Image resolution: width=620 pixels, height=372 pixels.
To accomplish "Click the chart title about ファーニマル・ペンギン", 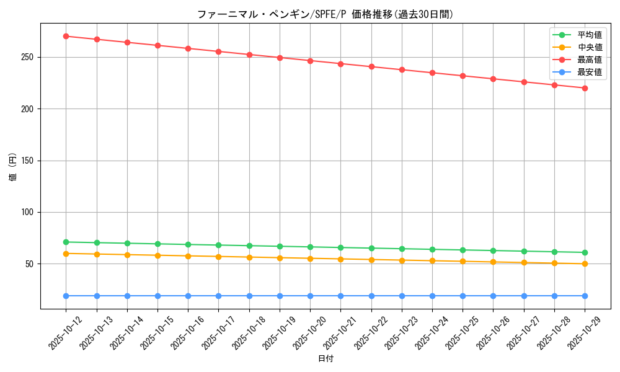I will coord(325,14).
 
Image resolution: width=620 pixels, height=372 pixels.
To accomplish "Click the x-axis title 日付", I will coord(325,359).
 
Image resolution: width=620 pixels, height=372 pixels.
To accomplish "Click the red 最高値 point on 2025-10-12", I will coord(66,36).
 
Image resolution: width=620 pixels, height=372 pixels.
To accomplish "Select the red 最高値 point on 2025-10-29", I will coord(585,88).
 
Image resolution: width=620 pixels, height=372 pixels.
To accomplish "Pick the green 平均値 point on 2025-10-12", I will coord(66,242).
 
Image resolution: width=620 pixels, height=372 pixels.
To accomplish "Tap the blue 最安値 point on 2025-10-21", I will coord(340,296).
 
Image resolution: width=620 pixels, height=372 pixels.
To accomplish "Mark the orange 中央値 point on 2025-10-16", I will coord(188,256).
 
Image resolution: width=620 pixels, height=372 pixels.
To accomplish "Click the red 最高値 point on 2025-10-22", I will coord(371,66).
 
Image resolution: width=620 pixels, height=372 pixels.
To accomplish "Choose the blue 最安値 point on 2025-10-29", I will coord(585,296).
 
